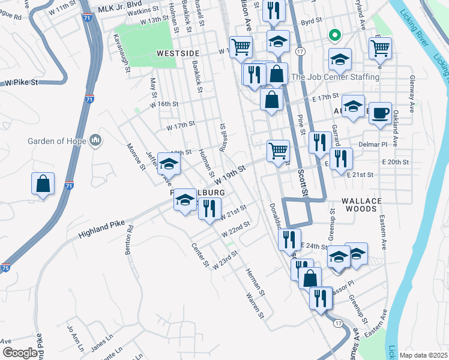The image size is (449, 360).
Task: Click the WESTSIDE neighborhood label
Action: coord(178,53)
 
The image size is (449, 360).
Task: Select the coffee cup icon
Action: coord(379,114)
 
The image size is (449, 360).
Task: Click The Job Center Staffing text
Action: coord(335,77)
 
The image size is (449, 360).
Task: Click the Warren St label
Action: coord(255,304)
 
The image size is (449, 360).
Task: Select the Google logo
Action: coord(20,353)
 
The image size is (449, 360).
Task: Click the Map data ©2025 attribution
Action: coord(424,355)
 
